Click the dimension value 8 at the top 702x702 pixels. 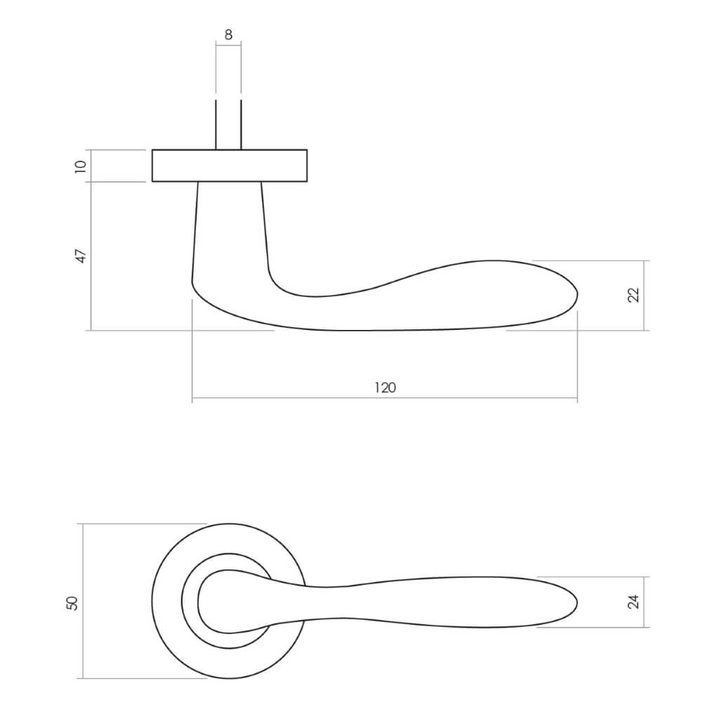coord(228,34)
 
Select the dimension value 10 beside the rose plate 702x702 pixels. coord(80,166)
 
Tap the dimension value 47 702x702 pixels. coord(80,256)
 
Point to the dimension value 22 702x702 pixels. coord(633,296)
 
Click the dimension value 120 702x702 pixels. coord(385,387)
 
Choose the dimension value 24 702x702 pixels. coord(633,602)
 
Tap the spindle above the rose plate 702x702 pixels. coord(228,126)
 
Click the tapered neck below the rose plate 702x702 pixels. coord(230,232)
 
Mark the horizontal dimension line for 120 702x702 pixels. coord(385,400)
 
